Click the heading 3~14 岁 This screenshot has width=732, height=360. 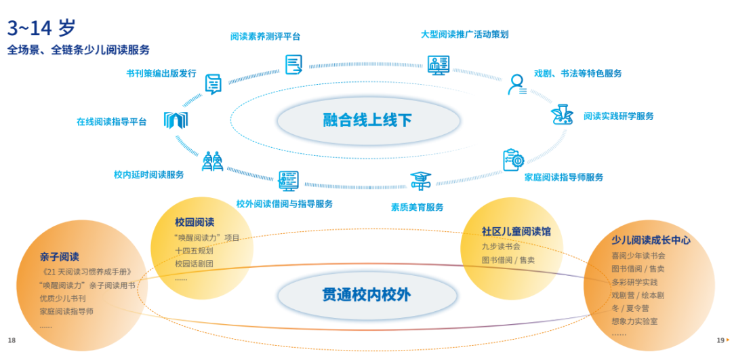41,28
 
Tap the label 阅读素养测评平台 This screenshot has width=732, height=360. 265,37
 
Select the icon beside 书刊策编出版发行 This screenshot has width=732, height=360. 213,83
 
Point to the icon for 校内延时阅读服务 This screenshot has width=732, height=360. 212,161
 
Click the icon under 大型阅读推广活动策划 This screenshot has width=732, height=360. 439,65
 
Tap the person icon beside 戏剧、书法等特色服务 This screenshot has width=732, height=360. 517,84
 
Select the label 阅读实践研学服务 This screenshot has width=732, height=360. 618,116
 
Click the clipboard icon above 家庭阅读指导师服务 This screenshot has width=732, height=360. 513,160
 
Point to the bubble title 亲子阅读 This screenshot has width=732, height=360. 59,257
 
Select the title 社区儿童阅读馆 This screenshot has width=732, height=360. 516,231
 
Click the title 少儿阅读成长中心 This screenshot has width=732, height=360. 651,240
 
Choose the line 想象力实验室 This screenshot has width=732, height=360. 634,321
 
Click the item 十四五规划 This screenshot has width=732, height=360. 194,250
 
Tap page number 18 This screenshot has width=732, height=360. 12,340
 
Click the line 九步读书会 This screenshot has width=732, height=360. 501,246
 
